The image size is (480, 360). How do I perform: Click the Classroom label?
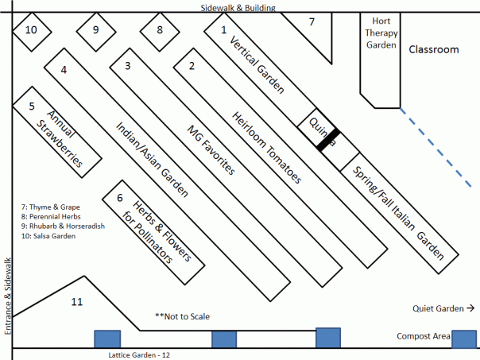pyautogui.click(x=434, y=50)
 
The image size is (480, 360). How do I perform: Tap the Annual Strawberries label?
pyautogui.click(x=61, y=136)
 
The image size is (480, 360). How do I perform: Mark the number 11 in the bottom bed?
pyautogui.click(x=76, y=302)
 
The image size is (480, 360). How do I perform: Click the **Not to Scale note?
pyautogui.click(x=182, y=316)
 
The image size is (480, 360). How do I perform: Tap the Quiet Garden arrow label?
pyautogui.click(x=443, y=308)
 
